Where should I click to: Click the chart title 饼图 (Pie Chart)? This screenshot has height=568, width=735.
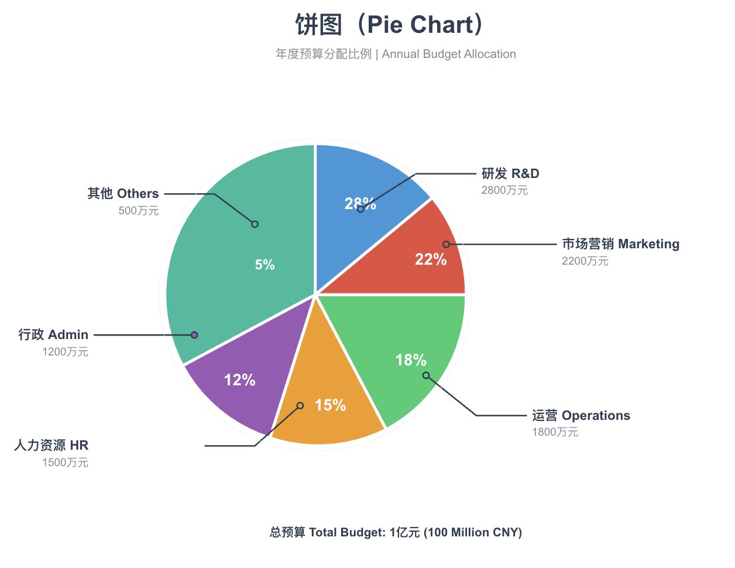(x=390, y=25)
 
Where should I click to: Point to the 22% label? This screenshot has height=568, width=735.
(x=431, y=259)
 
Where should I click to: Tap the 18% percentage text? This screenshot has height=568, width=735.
(x=411, y=360)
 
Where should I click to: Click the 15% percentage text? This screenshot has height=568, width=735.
(x=330, y=405)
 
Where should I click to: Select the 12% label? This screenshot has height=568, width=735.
(x=240, y=380)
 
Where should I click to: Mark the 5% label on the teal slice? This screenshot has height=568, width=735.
(x=265, y=265)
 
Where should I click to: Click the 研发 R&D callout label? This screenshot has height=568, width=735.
(x=510, y=173)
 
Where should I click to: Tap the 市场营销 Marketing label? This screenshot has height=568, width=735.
(x=620, y=244)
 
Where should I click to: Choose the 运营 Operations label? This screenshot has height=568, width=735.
(x=581, y=415)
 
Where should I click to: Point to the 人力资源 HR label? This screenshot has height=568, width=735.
(x=51, y=445)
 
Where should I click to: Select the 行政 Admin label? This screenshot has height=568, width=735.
(x=53, y=334)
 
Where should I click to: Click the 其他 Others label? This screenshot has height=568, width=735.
(x=123, y=193)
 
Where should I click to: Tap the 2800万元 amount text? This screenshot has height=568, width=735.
(x=504, y=190)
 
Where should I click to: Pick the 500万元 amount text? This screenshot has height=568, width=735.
(x=139, y=211)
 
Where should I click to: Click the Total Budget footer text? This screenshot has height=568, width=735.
(x=396, y=532)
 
